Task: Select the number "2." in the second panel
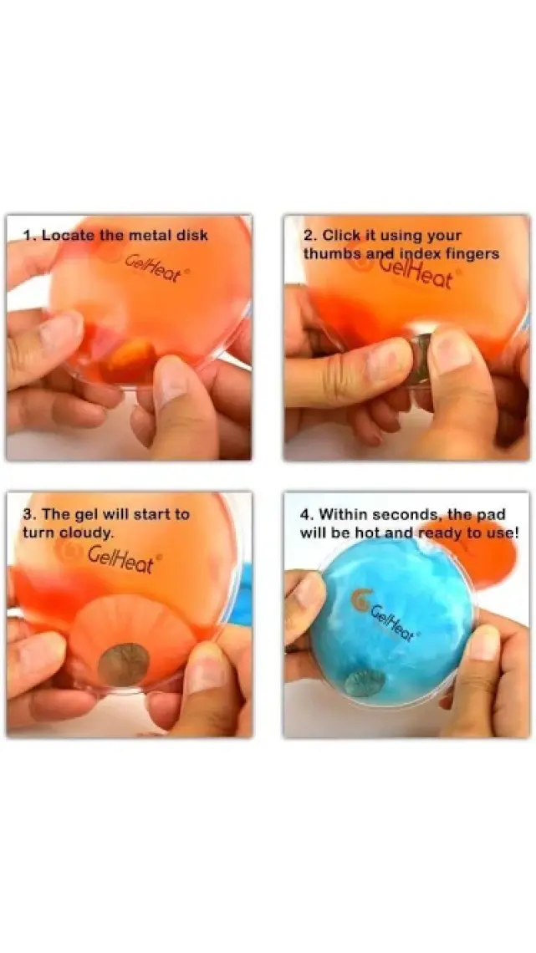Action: [x=310, y=235]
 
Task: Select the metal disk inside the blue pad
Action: [x=364, y=682]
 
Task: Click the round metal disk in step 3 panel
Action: [x=124, y=665]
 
